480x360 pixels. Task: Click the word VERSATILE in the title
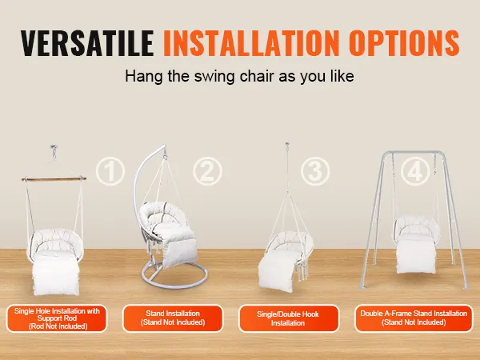87,43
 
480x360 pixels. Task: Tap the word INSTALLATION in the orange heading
251,43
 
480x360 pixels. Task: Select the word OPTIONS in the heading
404,43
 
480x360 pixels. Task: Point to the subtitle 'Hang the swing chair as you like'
239,76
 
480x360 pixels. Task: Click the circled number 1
110,171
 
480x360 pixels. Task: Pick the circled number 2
207,171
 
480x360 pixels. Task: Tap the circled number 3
315,171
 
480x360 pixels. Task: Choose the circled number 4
415,171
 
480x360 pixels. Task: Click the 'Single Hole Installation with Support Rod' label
57,318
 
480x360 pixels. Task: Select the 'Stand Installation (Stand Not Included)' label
173,318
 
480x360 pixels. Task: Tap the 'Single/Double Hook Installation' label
289,318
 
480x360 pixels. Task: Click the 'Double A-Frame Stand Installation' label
414,318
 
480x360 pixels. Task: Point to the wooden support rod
54,178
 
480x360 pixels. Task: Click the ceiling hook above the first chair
54,150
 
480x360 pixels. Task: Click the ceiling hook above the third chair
287,146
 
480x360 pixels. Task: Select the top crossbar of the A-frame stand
414,152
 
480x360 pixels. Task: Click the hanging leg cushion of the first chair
56,273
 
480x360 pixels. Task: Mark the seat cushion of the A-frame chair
416,256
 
